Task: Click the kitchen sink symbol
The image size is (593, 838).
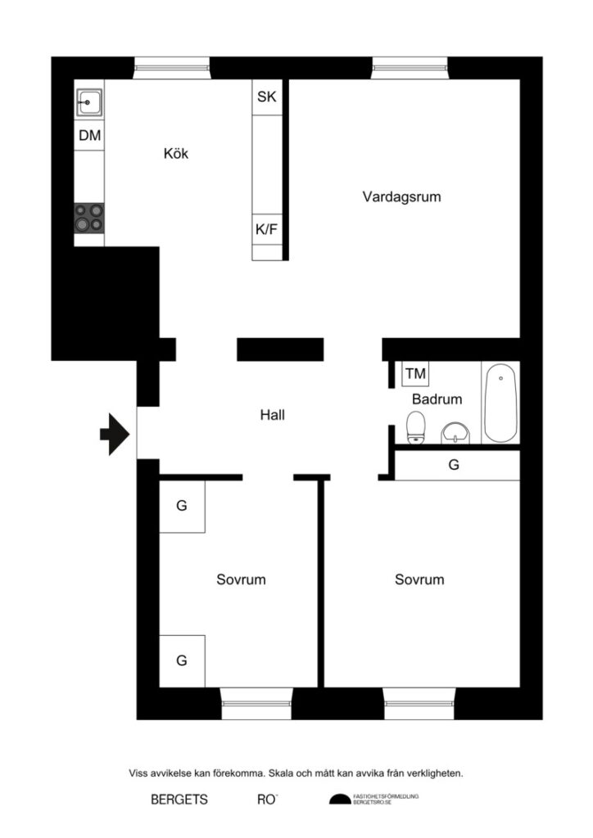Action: point(89,103)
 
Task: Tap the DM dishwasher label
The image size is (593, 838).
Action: point(90,136)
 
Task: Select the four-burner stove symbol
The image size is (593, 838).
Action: point(89,217)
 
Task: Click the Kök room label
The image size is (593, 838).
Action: point(176,153)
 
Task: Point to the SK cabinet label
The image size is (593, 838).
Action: point(267,97)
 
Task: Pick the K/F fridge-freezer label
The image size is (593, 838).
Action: point(267,229)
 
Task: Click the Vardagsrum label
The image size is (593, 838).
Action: point(402,196)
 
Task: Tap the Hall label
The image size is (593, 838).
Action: point(272,415)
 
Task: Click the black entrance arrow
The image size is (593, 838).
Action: point(115,434)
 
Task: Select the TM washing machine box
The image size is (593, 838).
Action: point(415,374)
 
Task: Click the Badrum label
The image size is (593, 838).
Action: point(437,399)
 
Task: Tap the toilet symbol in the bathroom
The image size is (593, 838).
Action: point(416,426)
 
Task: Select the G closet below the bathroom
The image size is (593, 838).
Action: point(454,465)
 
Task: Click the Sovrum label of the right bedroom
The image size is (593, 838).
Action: point(419,579)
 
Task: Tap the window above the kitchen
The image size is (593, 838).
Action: point(171,67)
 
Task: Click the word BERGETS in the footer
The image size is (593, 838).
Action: point(179,800)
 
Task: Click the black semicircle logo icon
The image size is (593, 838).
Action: point(339,800)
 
